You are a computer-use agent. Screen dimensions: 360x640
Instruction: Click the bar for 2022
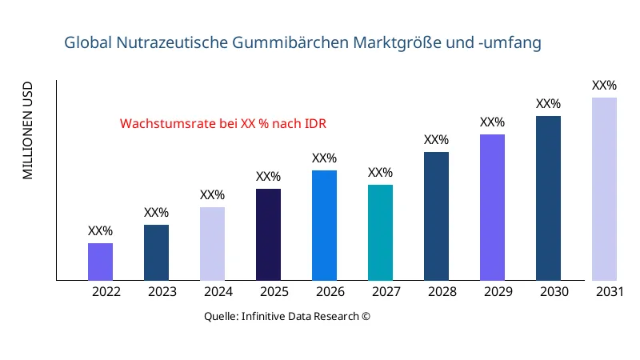pos(100,262)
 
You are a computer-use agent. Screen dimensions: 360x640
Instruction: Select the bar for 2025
pos(268,234)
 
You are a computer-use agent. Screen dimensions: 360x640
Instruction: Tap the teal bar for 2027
pos(380,233)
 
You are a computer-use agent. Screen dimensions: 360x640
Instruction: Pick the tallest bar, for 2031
pos(604,189)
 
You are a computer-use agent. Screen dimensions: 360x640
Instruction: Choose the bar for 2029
pos(492,207)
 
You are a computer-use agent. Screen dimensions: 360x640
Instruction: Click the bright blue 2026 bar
pos(324,226)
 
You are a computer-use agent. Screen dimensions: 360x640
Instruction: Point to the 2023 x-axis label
pos(162,292)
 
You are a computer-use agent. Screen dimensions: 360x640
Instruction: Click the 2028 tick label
pos(442,292)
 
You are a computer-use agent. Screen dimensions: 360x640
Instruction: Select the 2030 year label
pos(554,292)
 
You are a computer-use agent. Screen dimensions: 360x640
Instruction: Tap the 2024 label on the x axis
pos(218,292)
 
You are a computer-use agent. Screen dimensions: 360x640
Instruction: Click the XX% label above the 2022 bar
pos(100,231)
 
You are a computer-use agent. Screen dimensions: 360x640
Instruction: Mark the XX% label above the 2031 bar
pos(604,86)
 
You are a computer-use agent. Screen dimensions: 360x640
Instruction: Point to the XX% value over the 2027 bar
pos(380,173)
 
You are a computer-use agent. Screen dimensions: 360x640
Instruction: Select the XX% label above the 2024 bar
pos(212,195)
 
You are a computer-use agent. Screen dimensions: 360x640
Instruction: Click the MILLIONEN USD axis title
pos(28,130)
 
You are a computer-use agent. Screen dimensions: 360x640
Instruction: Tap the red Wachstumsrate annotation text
pos(223,124)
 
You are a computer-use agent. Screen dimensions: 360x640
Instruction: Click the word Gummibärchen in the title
pos(298,42)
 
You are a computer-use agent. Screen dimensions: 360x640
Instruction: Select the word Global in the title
pos(88,42)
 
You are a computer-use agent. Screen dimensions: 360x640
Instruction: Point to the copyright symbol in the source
pos(366,316)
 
